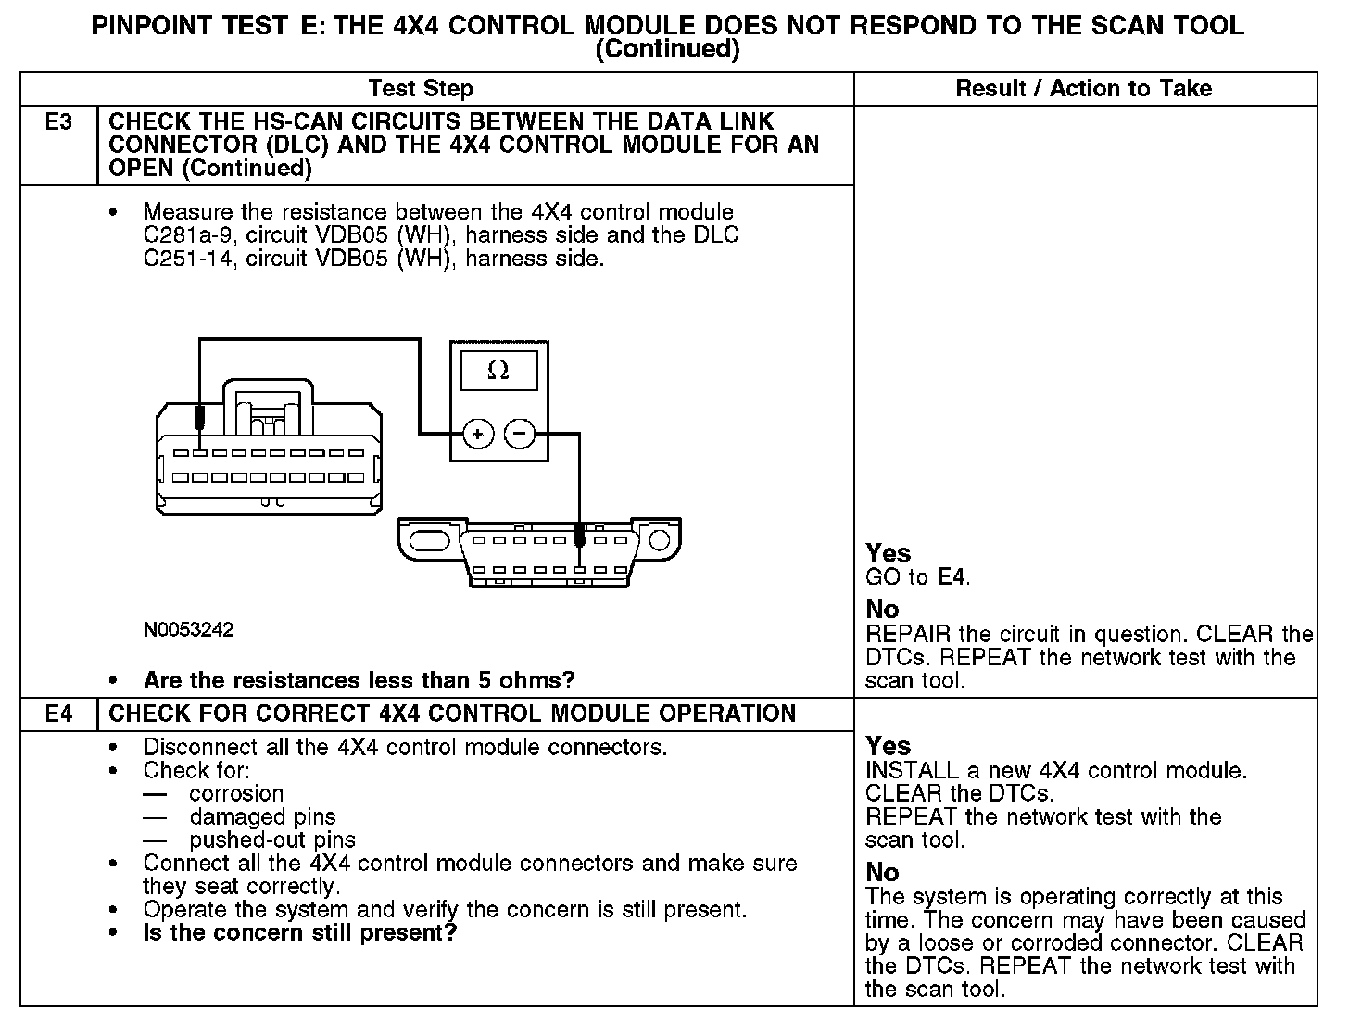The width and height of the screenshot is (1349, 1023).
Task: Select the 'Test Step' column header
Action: pos(421,89)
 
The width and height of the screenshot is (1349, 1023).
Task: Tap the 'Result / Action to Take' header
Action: pos(1083,89)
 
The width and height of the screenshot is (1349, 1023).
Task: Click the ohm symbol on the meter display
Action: pos(498,371)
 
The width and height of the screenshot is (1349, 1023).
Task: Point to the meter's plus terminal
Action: pos(477,433)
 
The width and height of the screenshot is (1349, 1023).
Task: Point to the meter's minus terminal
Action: pos(519,433)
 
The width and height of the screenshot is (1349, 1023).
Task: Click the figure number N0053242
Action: pos(188,630)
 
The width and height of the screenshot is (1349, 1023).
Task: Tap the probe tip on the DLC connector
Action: pos(579,537)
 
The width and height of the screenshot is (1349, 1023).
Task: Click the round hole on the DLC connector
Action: pos(659,540)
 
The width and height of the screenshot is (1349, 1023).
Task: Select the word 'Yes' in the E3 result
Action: pos(888,553)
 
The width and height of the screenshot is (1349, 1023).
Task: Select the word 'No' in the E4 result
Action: pos(882,872)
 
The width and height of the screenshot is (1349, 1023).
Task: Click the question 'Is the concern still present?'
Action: pos(300,932)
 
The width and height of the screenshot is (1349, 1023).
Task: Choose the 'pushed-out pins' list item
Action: pos(272,840)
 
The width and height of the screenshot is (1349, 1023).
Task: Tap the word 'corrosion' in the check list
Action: pos(236,794)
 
